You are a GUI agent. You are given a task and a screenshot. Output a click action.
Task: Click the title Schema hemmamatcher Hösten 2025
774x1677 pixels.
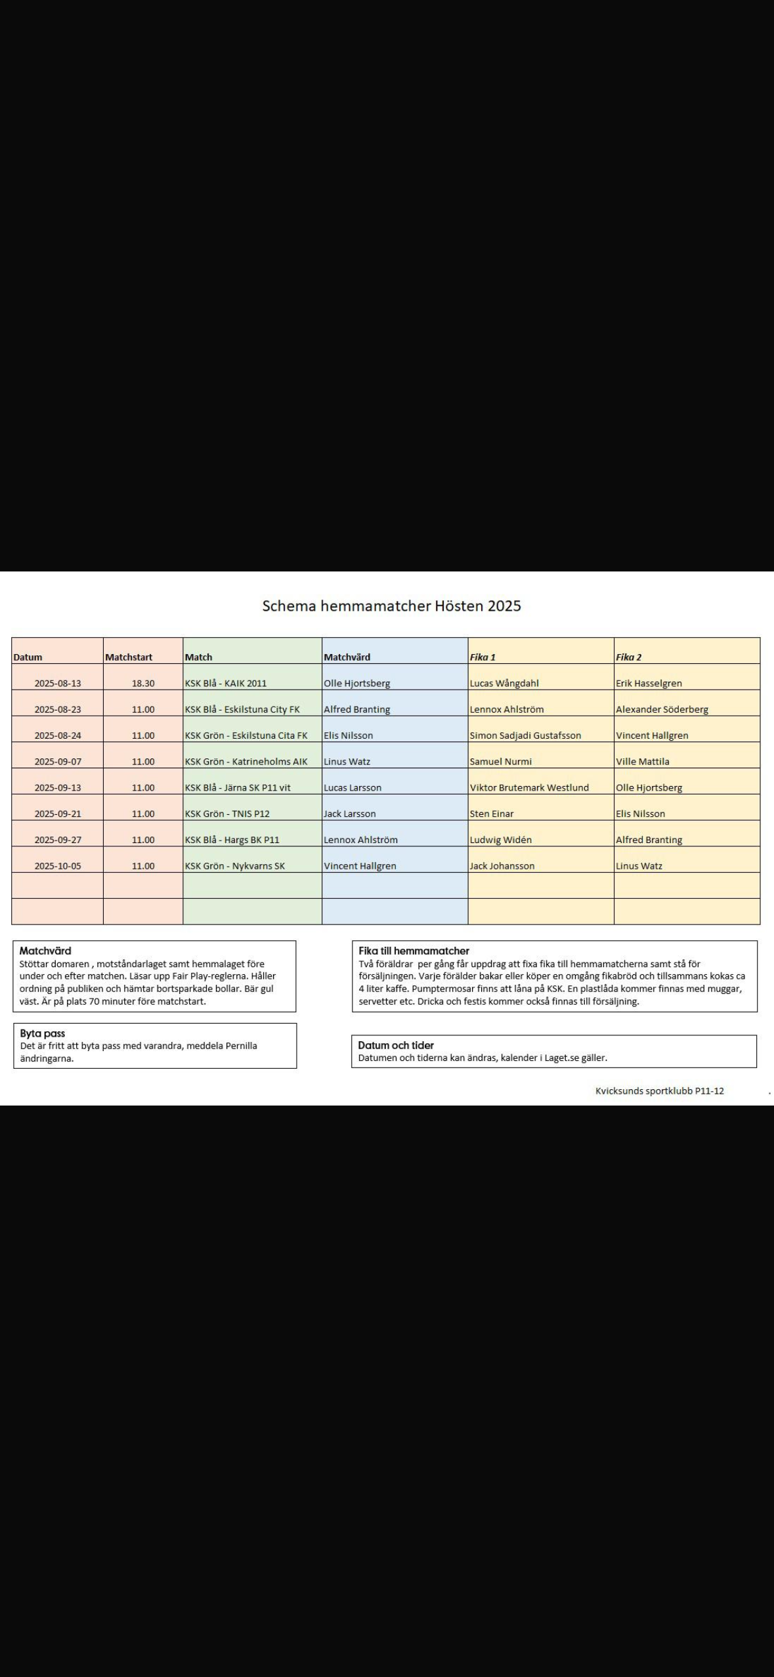tap(391, 606)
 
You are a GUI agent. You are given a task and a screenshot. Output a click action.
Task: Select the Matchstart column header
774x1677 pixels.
tap(129, 657)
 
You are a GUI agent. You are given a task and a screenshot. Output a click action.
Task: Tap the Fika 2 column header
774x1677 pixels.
tap(628, 657)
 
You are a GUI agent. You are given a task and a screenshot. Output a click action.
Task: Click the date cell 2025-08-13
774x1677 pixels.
tap(58, 683)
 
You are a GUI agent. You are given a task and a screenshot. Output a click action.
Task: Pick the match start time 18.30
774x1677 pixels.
tap(143, 683)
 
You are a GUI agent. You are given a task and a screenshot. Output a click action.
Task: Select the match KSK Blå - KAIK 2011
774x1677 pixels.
tap(226, 683)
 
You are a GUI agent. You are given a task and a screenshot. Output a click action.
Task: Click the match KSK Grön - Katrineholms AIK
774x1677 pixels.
tap(246, 761)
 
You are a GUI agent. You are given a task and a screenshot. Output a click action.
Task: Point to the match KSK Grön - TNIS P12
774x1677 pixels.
tap(227, 814)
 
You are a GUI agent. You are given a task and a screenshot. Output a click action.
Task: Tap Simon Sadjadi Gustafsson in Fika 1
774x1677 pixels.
tap(525, 735)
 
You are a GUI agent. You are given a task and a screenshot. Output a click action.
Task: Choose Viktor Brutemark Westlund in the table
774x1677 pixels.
tap(529, 787)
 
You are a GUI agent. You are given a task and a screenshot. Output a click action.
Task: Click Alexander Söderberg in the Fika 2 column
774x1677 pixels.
tap(662, 709)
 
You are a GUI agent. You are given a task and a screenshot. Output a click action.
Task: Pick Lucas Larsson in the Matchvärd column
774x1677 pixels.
tap(353, 787)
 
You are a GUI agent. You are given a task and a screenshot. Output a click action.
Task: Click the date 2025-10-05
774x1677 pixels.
tap(58, 865)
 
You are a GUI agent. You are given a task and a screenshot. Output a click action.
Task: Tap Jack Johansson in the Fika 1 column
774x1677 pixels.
tap(502, 865)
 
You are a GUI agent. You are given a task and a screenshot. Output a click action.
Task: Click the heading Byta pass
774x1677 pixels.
tap(43, 1033)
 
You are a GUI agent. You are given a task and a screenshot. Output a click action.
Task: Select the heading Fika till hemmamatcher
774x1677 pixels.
tap(414, 951)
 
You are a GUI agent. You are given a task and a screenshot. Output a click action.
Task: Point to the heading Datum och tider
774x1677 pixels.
tap(396, 1045)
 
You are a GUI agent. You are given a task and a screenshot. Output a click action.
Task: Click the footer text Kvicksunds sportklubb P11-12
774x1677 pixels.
tap(659, 1090)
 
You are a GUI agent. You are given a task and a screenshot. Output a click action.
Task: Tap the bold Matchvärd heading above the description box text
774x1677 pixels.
tap(45, 951)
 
